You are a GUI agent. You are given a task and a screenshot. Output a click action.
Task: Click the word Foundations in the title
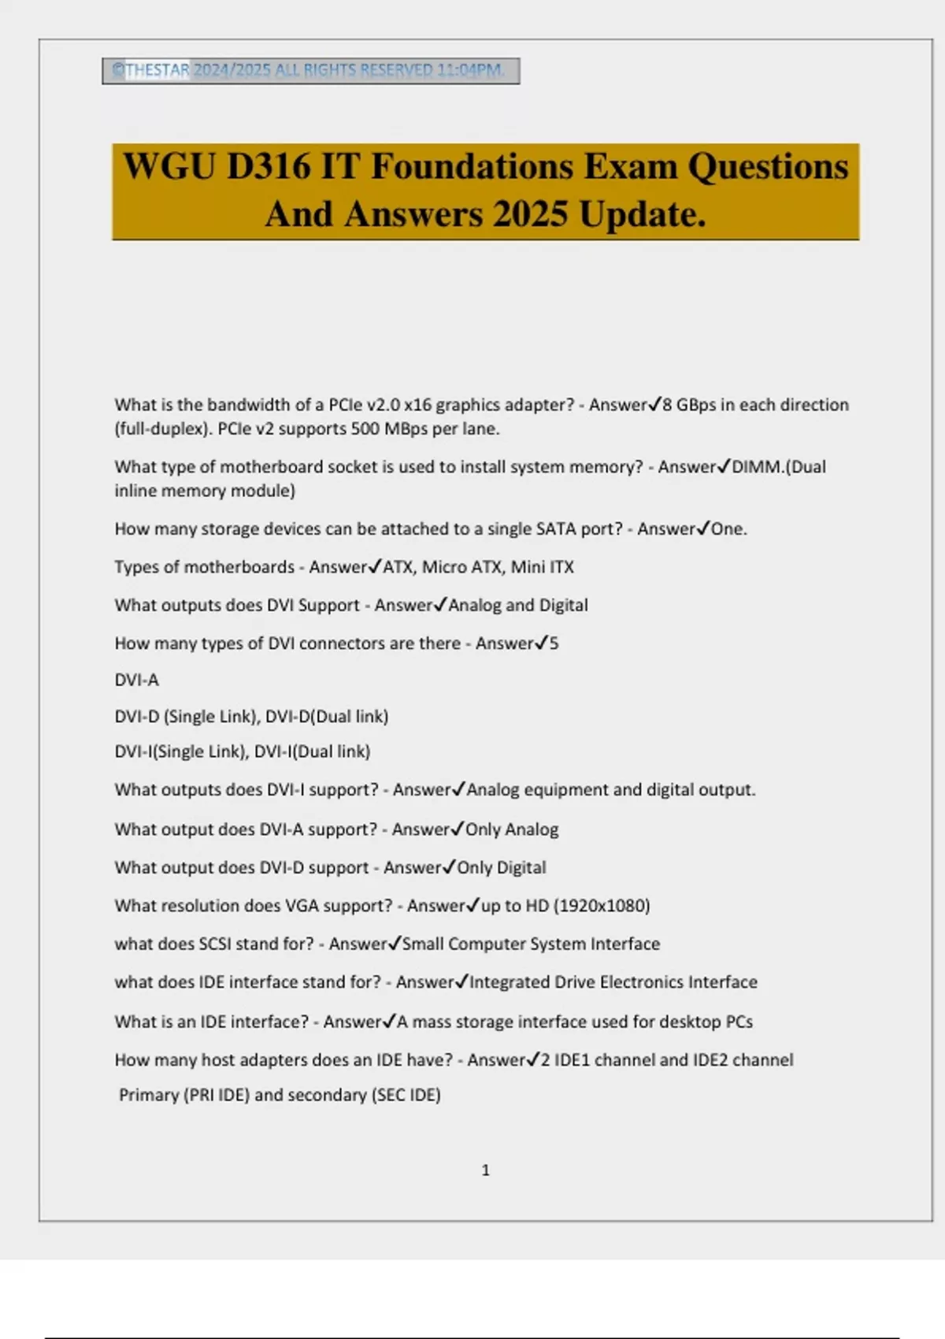pyautogui.click(x=472, y=167)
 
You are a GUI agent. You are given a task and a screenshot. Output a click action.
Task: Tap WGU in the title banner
pyautogui.click(x=169, y=167)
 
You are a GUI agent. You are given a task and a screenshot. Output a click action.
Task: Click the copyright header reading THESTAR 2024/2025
pyautogui.click(x=310, y=71)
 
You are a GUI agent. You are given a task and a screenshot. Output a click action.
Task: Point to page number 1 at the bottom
pyautogui.click(x=485, y=1170)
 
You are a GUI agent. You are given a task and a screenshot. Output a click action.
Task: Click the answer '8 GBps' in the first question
pyautogui.click(x=690, y=405)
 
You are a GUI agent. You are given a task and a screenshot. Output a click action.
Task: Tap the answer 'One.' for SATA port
pyautogui.click(x=728, y=529)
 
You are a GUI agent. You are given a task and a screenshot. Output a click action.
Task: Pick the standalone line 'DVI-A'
pyautogui.click(x=136, y=680)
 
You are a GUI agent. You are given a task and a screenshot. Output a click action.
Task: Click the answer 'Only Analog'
pyautogui.click(x=512, y=829)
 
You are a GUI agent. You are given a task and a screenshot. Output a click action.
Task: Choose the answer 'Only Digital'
pyautogui.click(x=502, y=868)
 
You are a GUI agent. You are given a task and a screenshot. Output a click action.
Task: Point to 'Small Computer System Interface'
pyautogui.click(x=531, y=944)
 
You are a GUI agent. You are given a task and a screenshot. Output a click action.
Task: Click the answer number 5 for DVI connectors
pyautogui.click(x=554, y=644)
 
